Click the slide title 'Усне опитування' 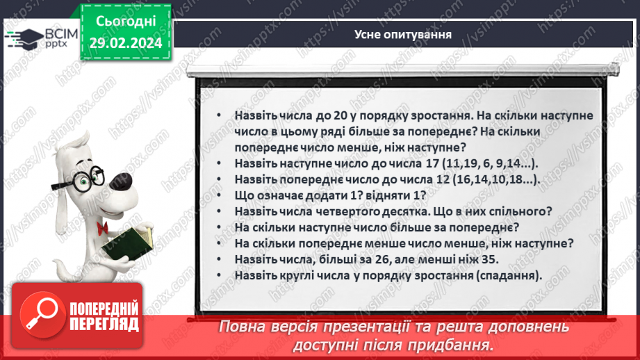[403, 33]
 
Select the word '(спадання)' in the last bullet [511, 275]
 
